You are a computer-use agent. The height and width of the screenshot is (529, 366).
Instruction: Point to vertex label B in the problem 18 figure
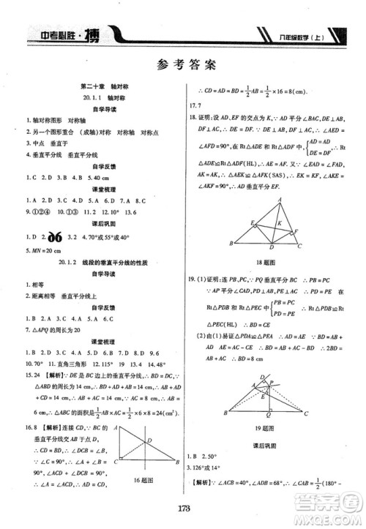click(x=232, y=244)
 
